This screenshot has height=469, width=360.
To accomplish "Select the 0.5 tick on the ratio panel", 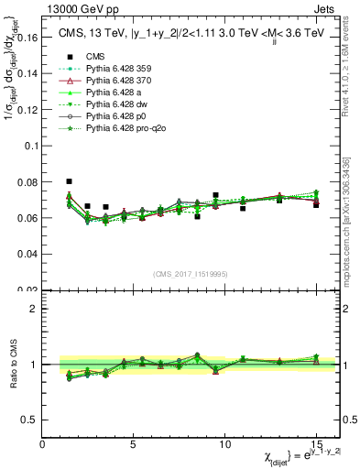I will tap(31, 420).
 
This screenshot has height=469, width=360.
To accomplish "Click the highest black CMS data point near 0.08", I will tap(70, 181).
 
